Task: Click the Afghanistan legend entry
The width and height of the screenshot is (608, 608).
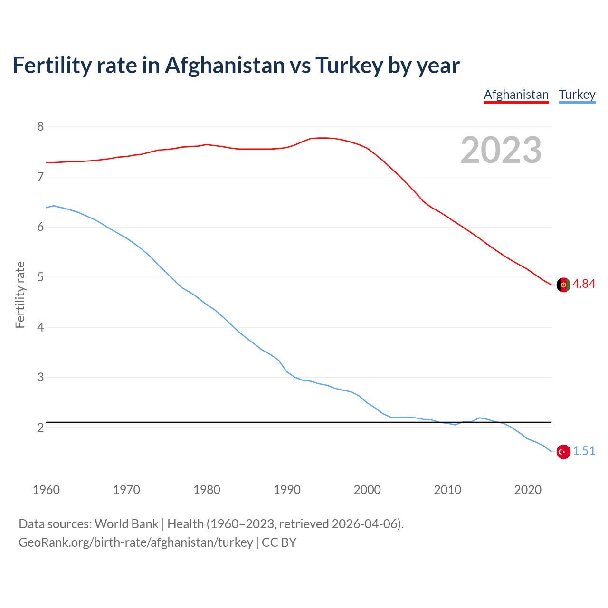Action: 516,95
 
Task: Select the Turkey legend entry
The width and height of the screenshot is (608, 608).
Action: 577,95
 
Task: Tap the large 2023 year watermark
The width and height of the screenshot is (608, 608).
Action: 501,150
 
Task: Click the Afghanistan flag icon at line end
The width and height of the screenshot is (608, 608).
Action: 563,285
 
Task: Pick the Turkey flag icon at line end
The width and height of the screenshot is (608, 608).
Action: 563,452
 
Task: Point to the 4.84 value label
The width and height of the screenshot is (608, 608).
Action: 584,284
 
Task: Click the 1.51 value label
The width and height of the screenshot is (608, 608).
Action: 584,451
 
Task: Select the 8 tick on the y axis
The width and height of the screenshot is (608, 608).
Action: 40,127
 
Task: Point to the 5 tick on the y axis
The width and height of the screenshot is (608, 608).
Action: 40,277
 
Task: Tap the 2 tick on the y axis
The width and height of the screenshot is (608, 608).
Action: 40,428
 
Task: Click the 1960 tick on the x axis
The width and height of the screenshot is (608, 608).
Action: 46,490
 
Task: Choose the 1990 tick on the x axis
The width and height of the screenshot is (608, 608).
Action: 287,490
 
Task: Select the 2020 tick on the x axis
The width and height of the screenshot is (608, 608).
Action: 528,490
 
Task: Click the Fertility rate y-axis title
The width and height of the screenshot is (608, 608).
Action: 20,294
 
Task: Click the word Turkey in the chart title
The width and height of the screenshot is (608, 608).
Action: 349,66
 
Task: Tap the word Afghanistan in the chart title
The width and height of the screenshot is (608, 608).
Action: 224,66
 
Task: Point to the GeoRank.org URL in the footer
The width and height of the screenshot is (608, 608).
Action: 135,542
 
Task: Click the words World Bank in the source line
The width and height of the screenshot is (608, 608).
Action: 126,524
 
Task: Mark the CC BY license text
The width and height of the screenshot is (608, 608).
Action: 279,542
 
